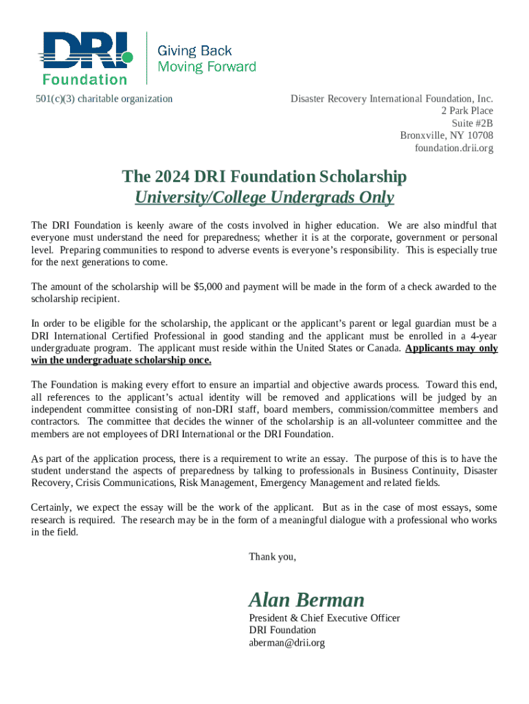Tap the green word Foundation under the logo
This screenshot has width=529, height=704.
(85, 79)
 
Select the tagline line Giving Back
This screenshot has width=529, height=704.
(195, 51)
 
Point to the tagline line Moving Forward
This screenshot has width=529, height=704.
(207, 67)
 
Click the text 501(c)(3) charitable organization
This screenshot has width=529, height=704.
(104, 99)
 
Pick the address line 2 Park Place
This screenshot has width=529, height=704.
(467, 111)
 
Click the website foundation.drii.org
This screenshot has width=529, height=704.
(453, 148)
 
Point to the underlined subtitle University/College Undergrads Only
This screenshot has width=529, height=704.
(264, 198)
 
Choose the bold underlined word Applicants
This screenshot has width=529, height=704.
(431, 348)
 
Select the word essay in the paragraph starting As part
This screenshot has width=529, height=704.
(335, 459)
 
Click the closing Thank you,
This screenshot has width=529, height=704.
(273, 556)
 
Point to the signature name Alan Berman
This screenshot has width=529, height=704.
(306, 599)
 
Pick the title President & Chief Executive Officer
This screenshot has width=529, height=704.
(324, 618)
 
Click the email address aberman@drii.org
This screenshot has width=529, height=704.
(286, 643)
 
